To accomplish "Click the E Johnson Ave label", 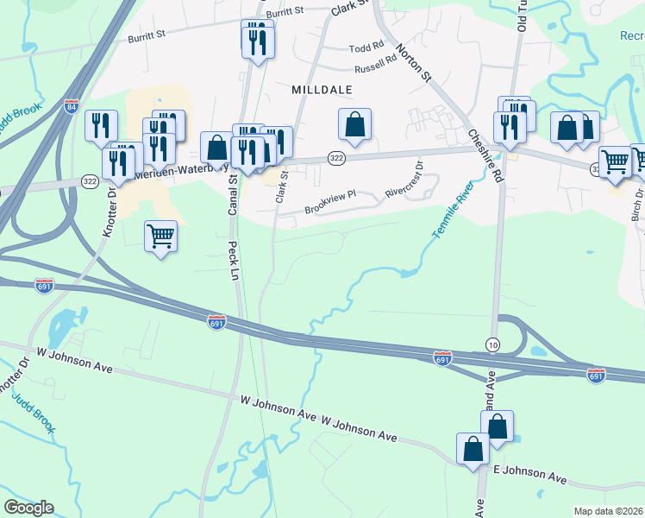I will pyautogui.click(x=529, y=473).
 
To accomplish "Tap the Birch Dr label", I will pyautogui.click(x=637, y=205).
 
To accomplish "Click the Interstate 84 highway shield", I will pyautogui.click(x=72, y=106).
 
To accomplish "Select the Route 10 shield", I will pyautogui.click(x=492, y=344).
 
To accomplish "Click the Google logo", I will pyautogui.click(x=28, y=508).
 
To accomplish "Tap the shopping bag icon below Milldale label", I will pyautogui.click(x=354, y=124).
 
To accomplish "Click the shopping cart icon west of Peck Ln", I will pyautogui.click(x=161, y=236).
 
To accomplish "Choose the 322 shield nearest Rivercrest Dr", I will pyautogui.click(x=336, y=157).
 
